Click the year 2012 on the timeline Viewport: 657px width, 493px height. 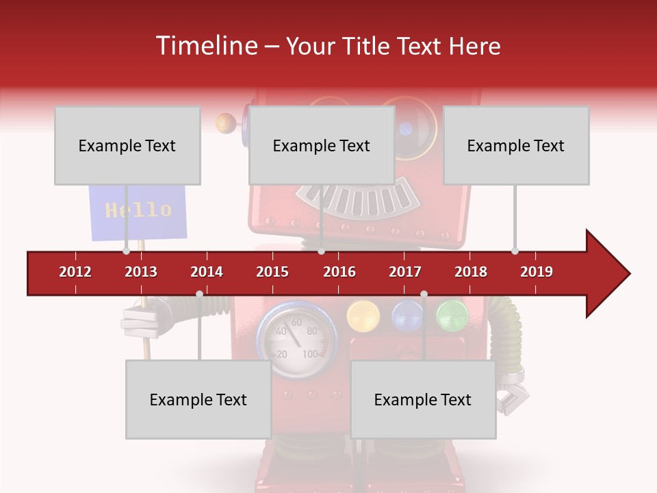point(75,272)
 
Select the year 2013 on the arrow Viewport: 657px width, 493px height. point(141,272)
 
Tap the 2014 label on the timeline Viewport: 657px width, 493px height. point(207,272)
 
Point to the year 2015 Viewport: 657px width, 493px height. point(272,272)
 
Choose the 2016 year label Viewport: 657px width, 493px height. point(339,272)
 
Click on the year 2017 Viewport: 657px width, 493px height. point(405,272)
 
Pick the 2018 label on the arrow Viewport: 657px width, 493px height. point(471,272)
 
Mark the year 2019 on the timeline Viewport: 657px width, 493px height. point(537,272)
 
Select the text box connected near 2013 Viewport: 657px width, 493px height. point(127,145)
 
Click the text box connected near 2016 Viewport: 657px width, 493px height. point(322,145)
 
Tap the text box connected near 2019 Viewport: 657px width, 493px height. point(516,145)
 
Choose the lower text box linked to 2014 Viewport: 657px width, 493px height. point(198,399)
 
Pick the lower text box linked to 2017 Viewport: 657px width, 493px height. point(423,399)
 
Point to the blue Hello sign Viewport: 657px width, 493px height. point(138,212)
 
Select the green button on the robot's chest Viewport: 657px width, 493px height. point(452,315)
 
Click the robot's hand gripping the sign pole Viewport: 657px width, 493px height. point(142,320)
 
